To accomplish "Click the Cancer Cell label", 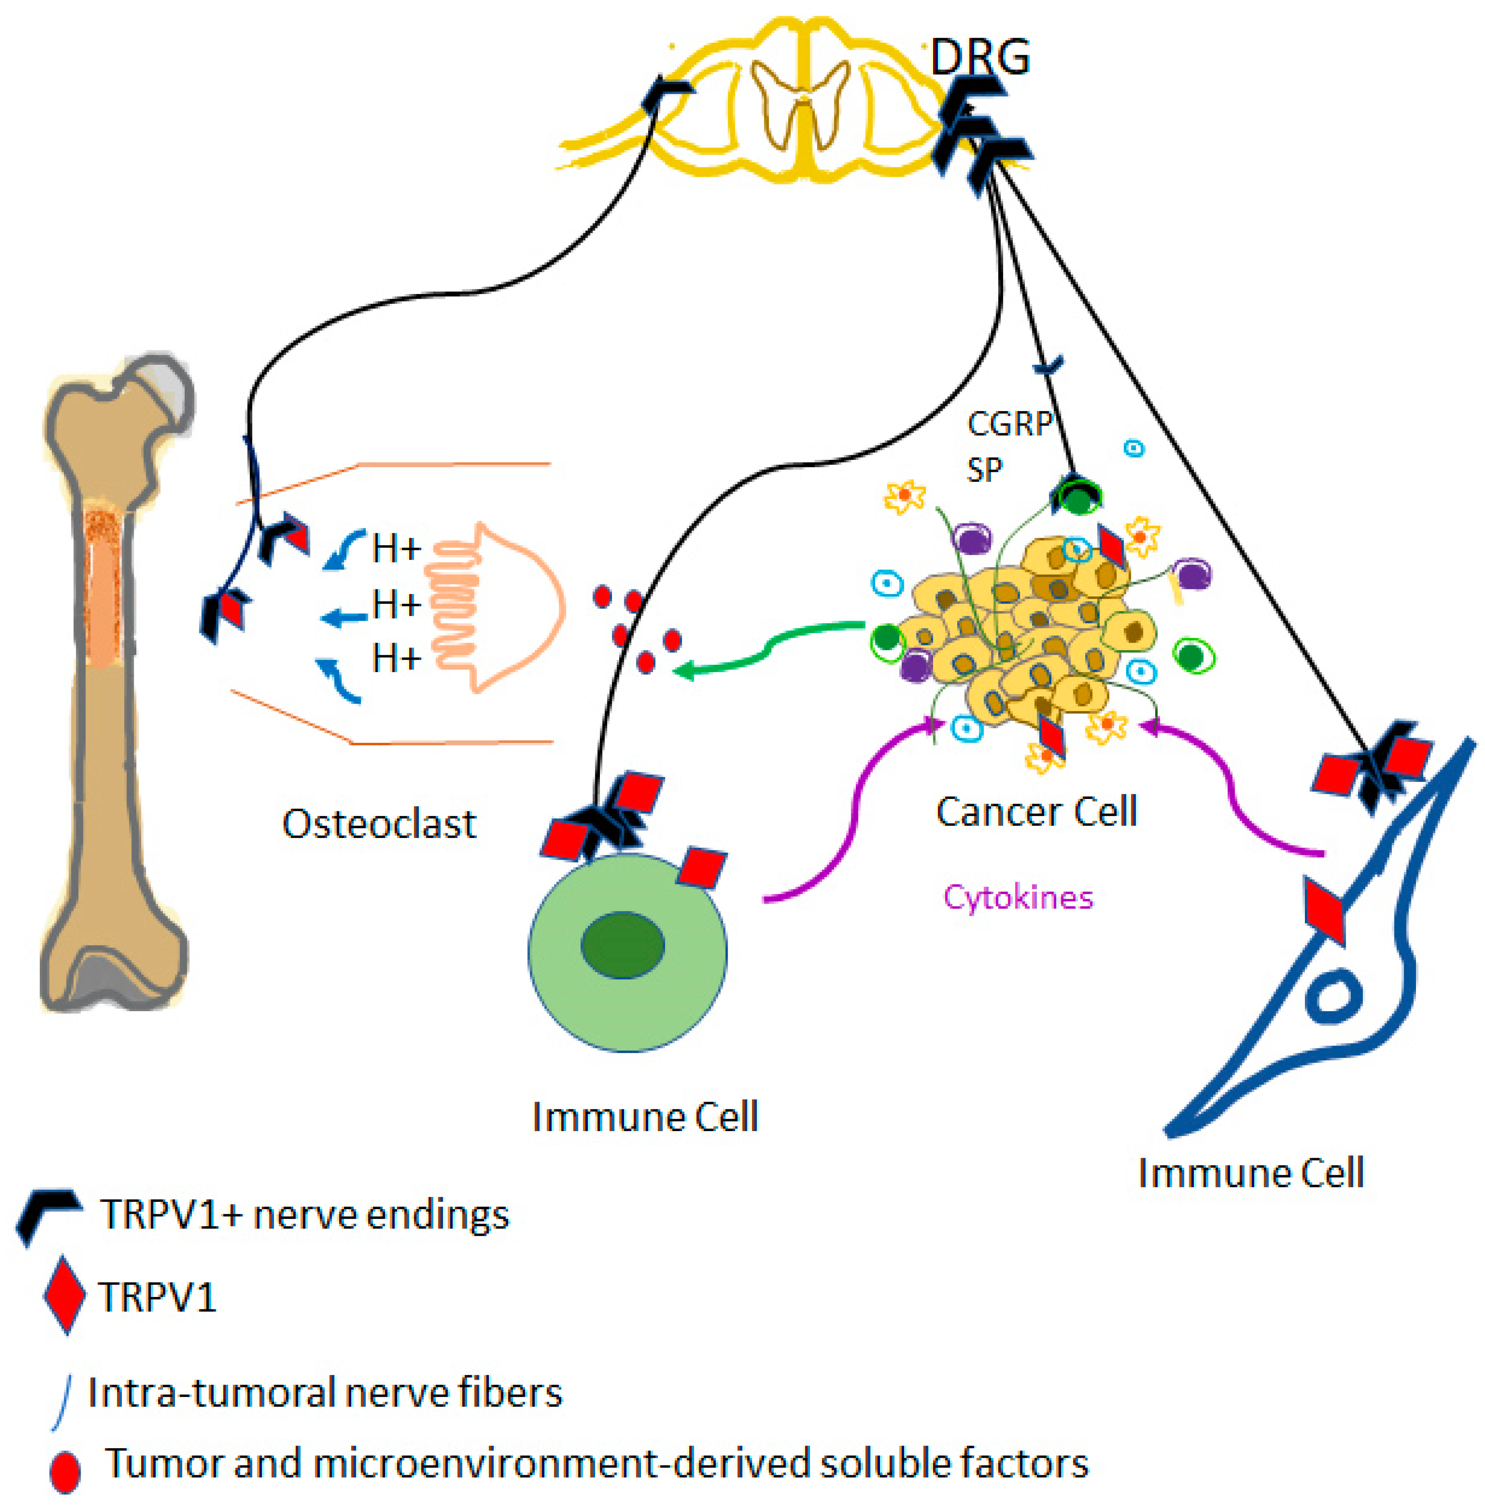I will coord(1036,812).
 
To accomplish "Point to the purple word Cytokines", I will coord(1018,898).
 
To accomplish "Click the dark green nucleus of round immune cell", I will coord(622,945).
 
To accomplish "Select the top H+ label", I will coord(396,549).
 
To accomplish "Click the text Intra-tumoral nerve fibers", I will coord(325,1393).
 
